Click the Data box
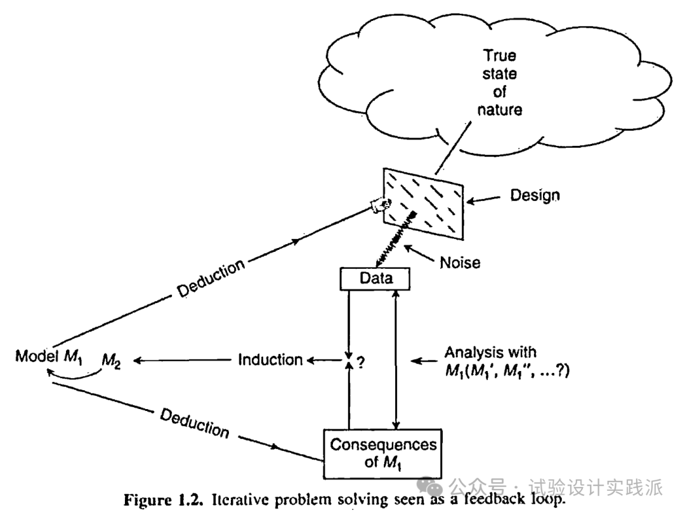[375, 278]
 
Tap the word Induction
[270, 360]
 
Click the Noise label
[460, 261]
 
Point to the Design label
[535, 195]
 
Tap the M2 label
[112, 362]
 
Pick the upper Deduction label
[211, 278]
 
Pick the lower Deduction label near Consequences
[194, 423]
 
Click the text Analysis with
[490, 351]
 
